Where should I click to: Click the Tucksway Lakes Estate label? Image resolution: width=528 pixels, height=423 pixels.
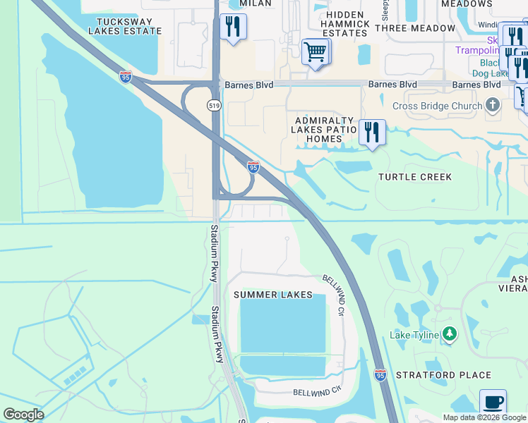tap(125, 26)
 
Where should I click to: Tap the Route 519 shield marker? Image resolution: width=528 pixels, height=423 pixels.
tap(213, 105)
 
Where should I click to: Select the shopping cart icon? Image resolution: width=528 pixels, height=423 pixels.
tap(315, 51)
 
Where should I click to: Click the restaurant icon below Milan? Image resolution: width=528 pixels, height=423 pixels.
tap(232, 27)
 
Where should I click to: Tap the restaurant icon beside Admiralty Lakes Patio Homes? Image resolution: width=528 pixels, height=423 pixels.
tap(371, 133)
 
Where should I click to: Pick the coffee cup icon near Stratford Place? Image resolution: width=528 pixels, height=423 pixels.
tap(493, 403)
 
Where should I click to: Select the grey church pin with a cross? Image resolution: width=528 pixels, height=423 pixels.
tap(493, 106)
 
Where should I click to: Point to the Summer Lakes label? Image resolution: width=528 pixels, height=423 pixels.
tap(272, 295)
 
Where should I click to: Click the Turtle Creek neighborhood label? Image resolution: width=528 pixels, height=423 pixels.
tap(414, 177)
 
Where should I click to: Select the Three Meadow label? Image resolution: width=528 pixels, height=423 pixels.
tap(415, 28)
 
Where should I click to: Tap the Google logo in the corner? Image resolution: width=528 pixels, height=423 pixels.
tap(23, 415)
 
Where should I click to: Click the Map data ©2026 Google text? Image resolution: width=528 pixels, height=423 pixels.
tap(484, 417)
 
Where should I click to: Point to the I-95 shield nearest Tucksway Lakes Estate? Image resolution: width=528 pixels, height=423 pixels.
tap(126, 77)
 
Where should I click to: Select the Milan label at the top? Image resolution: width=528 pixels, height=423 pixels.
tap(255, 4)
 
